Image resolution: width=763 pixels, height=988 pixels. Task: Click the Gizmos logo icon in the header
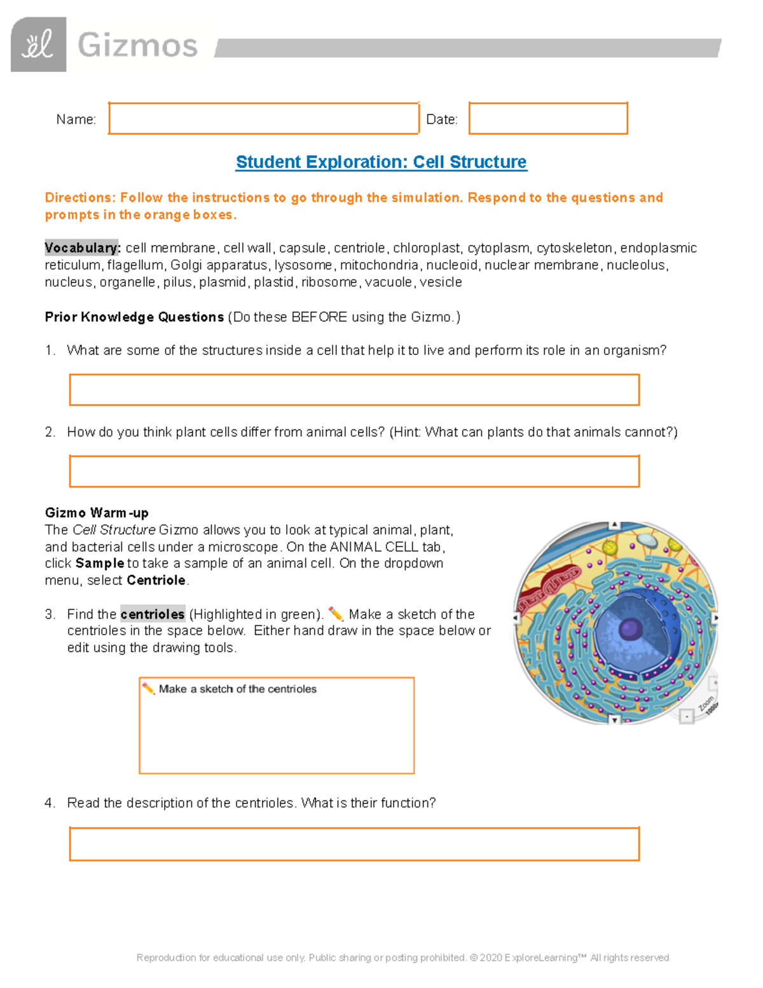(39, 45)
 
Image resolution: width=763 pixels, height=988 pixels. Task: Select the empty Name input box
(263, 118)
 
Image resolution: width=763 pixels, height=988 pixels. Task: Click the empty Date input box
(548, 118)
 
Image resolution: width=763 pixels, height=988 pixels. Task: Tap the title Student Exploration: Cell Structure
(381, 162)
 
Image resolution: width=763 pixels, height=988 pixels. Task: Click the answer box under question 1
(354, 389)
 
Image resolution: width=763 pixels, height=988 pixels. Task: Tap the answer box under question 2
(354, 471)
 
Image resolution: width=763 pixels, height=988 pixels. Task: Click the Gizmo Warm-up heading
(97, 513)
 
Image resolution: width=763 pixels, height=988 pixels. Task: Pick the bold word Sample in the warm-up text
(100, 563)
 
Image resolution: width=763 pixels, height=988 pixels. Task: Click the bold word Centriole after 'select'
(156, 580)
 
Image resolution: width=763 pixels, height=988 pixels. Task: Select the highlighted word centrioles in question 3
(153, 614)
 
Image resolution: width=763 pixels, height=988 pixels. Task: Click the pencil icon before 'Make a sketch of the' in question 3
(335, 614)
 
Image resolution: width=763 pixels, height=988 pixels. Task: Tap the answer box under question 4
(354, 844)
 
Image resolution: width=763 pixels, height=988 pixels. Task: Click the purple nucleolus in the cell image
(630, 629)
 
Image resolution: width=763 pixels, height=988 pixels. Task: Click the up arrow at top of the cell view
(614, 525)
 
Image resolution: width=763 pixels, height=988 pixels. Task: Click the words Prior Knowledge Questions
(134, 317)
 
